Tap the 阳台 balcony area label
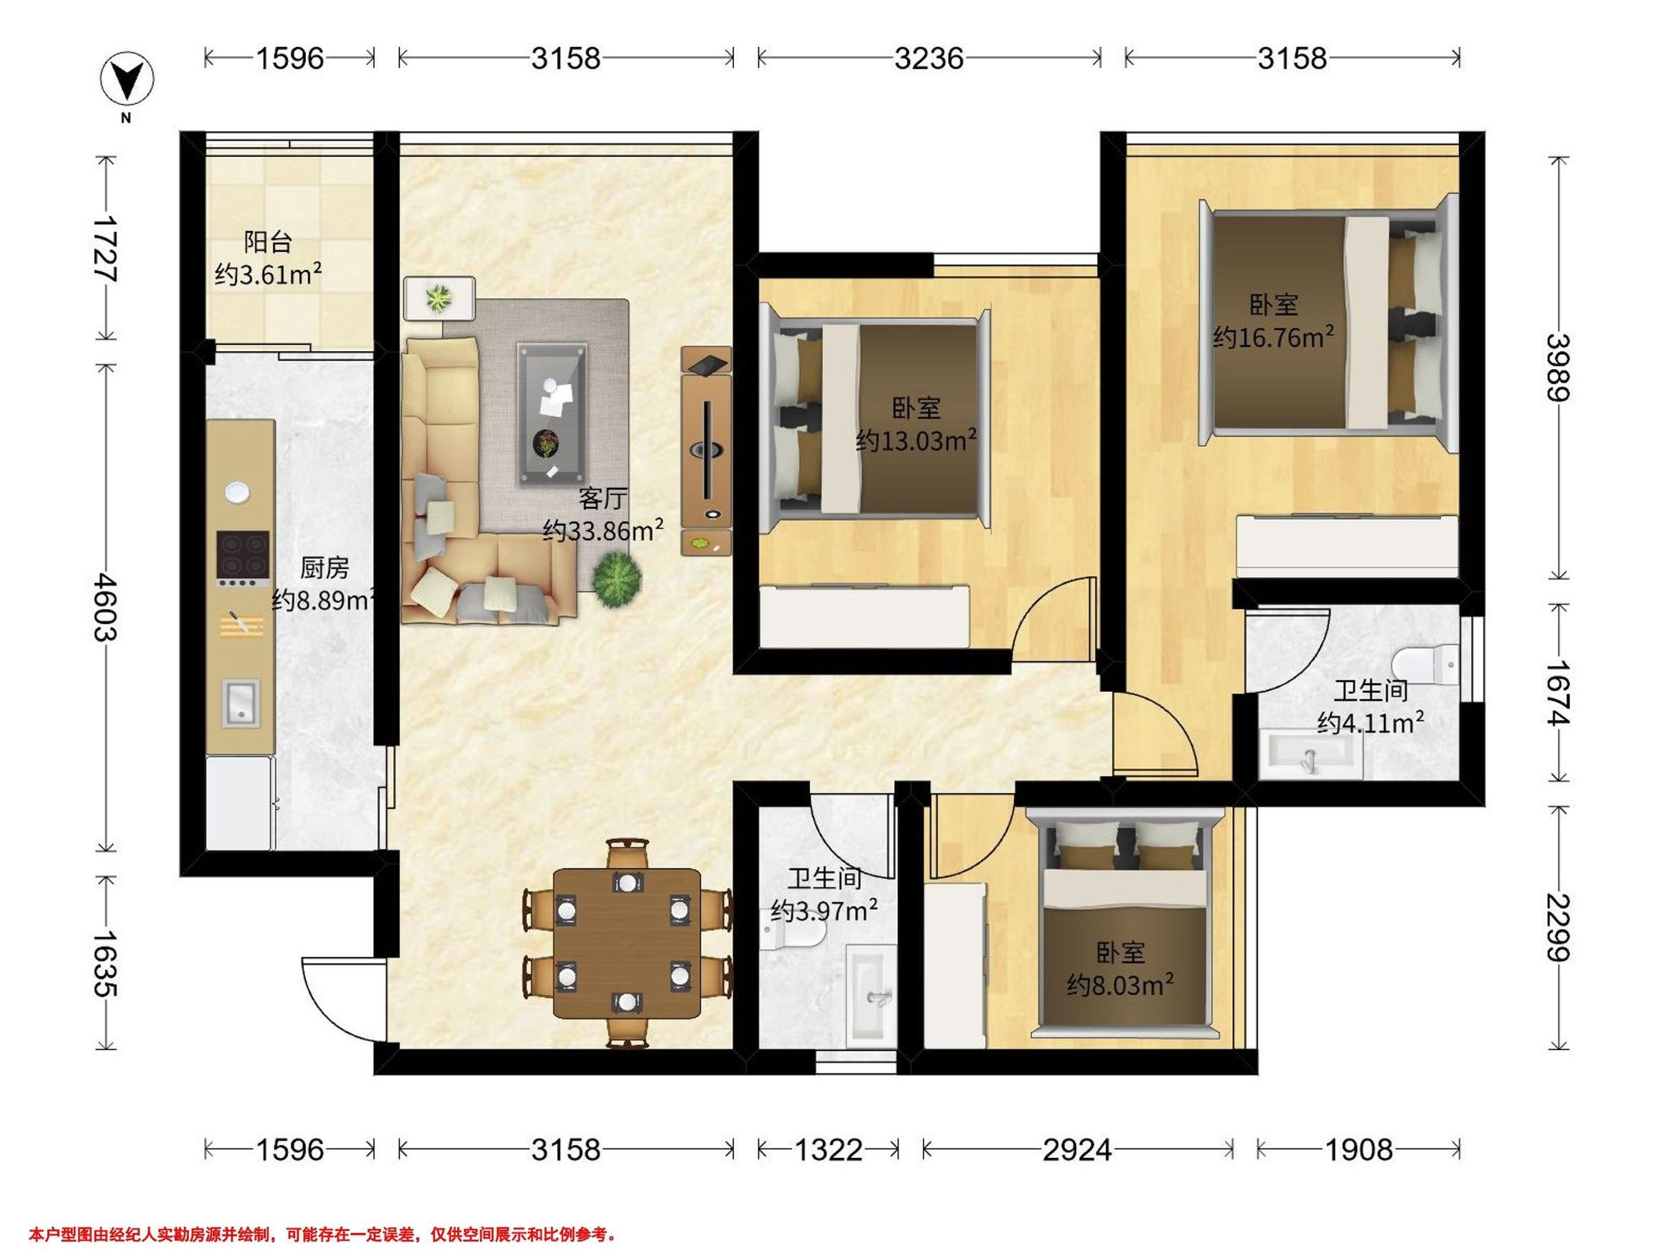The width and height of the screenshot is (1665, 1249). coord(268,241)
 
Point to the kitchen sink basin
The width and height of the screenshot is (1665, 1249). coord(240,702)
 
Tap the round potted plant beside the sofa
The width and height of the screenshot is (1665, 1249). coord(617,577)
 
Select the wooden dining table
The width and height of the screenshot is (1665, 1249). coord(627,943)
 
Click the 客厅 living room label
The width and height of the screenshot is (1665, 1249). coord(602,498)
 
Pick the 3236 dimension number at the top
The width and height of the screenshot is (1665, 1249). coord(929,58)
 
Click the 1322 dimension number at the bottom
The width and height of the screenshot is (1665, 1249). coord(828,1150)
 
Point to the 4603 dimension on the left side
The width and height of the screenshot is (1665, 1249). coord(105,607)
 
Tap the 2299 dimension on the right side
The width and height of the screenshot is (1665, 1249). coord(1558,928)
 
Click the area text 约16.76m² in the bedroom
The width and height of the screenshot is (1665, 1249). coord(1274,337)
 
